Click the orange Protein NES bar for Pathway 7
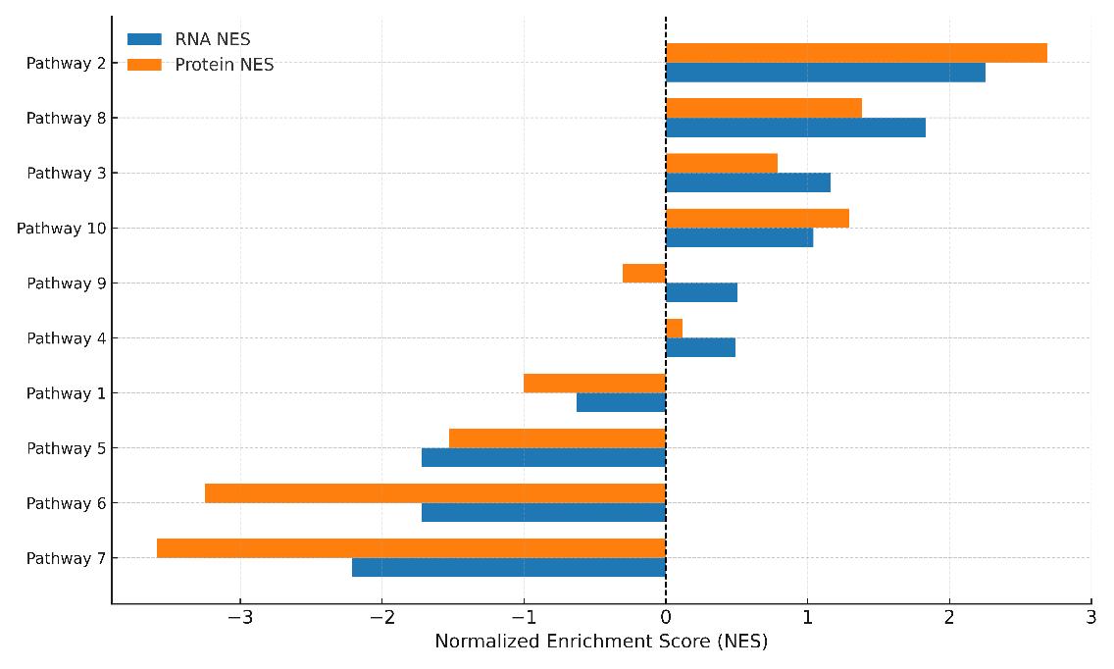[x=411, y=548]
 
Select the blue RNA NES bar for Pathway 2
[x=825, y=73]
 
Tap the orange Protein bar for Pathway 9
[x=644, y=274]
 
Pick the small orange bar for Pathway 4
[x=674, y=329]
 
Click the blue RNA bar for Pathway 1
[x=621, y=402]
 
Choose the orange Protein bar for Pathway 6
[x=435, y=493]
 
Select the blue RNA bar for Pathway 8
[x=795, y=128]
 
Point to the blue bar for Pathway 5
[x=543, y=457]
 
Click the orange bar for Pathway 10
[x=757, y=219]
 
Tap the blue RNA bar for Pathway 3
[x=748, y=182]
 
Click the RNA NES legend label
[x=213, y=39]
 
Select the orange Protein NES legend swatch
[x=144, y=66]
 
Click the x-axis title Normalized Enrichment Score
[x=601, y=643]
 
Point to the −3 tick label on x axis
[x=240, y=617]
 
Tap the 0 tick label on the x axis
[x=666, y=617]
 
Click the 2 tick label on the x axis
[x=949, y=617]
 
